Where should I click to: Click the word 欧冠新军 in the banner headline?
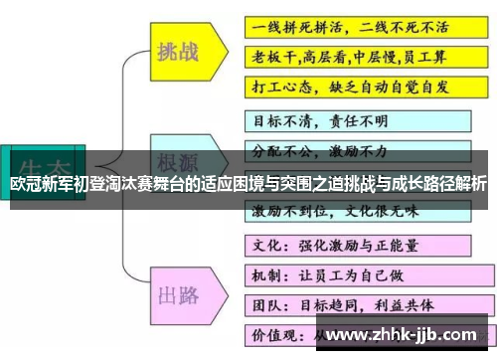point(40,184)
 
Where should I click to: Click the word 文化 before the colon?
point(262,244)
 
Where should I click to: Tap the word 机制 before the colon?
point(262,272)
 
